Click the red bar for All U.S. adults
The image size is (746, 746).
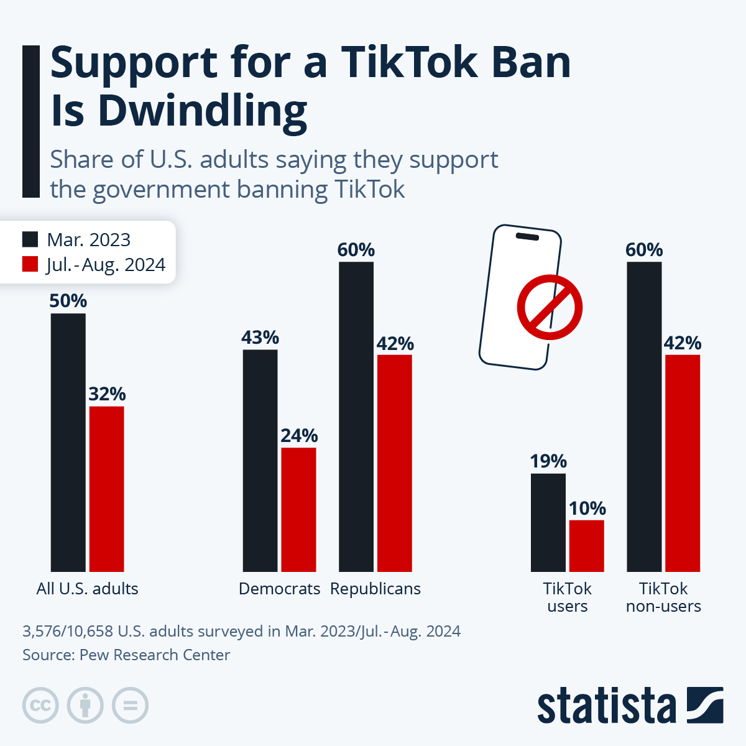(x=106, y=489)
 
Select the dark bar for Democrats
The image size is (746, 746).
(x=260, y=460)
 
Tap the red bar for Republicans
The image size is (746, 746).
(x=394, y=463)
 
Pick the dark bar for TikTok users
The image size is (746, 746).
(x=548, y=522)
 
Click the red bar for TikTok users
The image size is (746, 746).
(x=586, y=545)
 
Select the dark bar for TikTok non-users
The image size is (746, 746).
(x=644, y=417)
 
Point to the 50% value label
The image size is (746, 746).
(x=68, y=301)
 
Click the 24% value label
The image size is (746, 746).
(x=299, y=435)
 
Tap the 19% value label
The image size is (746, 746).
(x=548, y=461)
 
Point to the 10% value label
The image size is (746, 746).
(x=587, y=509)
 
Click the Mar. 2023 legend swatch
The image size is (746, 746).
(x=30, y=239)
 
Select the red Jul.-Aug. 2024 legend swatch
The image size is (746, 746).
(x=30, y=264)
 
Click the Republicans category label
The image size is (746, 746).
(x=375, y=589)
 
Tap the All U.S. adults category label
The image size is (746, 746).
(x=87, y=589)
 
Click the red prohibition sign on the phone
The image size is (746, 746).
(x=550, y=307)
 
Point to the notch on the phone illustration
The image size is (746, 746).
(x=527, y=236)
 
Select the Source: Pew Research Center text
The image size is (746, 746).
(x=126, y=655)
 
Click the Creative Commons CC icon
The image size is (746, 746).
(x=40, y=706)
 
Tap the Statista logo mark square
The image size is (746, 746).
(x=705, y=705)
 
